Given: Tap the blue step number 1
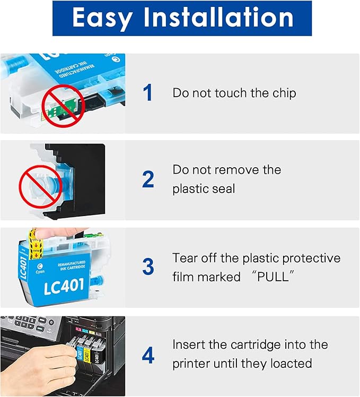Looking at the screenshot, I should coord(148,93).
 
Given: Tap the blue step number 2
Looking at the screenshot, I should coord(148,180).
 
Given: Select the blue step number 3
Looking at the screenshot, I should coord(148,267).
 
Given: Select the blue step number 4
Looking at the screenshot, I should coord(148,355).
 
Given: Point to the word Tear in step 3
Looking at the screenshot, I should coord(184,258).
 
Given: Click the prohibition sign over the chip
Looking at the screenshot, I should coord(63,106).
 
